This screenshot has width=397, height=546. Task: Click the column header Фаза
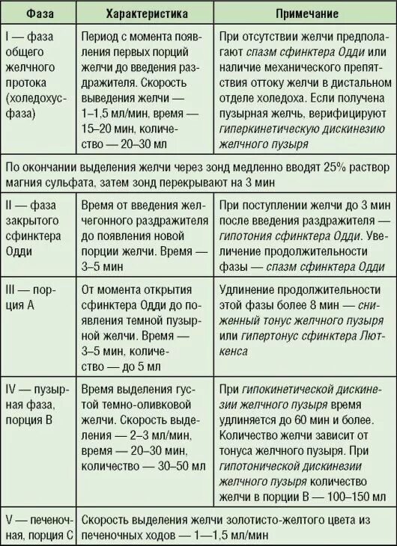point(37,13)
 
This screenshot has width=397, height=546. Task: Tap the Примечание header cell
point(306,13)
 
